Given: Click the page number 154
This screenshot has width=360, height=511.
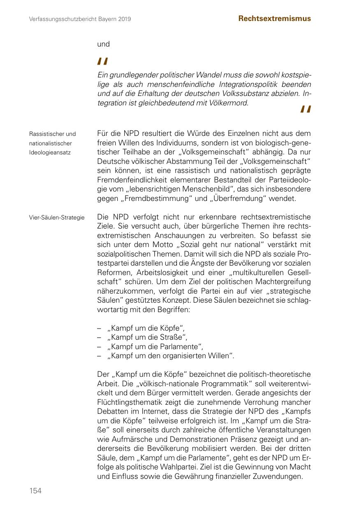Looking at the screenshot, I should coord(35,491).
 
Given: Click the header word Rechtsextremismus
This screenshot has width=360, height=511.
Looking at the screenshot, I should coord(274,19).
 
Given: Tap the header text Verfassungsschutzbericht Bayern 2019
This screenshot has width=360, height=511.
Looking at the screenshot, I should coord(80,19).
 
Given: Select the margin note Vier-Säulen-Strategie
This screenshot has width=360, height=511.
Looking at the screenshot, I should coord(57,217).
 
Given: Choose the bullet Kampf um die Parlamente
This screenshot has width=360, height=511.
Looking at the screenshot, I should coord(155,346).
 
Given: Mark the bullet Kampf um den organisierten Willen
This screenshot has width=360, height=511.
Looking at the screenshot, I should coord(170,355).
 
